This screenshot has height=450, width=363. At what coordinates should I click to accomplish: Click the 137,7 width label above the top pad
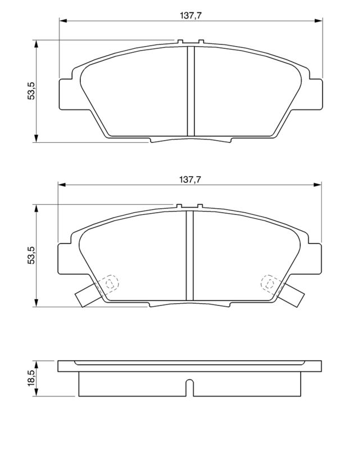coord(190,16)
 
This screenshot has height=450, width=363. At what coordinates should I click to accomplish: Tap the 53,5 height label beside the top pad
coord(31,91)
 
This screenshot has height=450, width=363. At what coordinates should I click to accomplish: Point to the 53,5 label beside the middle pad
coord(31,255)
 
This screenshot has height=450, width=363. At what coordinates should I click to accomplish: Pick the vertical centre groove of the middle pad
coord(190,256)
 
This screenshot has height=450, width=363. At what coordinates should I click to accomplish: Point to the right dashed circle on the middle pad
coord(269,283)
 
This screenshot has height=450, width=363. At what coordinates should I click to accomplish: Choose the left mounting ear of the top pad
coord(66,92)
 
